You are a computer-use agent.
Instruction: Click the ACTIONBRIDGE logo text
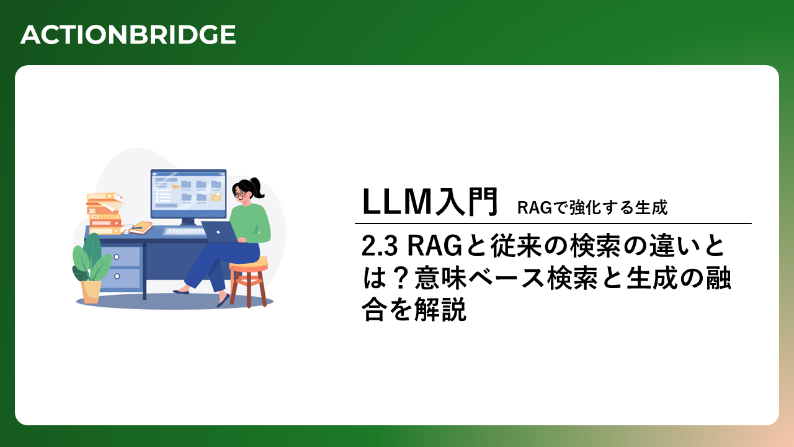coord(128,35)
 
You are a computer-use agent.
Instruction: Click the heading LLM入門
coord(430,202)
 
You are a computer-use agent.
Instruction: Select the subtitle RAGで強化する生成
coord(592,207)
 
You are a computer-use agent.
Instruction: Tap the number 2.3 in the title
coord(380,246)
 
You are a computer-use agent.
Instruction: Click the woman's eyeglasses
coord(239,194)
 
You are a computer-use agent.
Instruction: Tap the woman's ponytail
coord(258,187)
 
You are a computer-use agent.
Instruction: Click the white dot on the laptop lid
coord(218,232)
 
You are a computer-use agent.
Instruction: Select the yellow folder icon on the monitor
coord(216,197)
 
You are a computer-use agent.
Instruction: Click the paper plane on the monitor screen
coord(175,186)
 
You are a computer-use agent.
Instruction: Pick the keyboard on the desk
coord(185,232)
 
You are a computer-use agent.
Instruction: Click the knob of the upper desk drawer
coord(116,257)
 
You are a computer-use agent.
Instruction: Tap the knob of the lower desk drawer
coord(117,276)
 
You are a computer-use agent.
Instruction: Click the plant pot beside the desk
coord(91,292)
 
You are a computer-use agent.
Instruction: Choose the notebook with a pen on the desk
coord(141,227)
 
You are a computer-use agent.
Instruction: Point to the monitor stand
coord(187,222)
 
